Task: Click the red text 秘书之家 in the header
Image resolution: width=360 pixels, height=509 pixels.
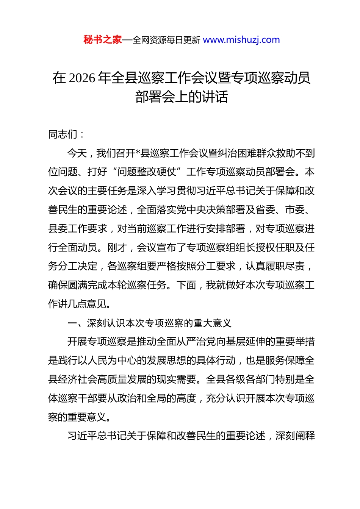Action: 103,40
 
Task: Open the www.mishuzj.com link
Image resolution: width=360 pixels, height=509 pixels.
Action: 241,40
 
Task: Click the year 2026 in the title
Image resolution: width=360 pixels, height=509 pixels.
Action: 82,78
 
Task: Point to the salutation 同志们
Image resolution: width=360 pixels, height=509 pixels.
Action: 63,134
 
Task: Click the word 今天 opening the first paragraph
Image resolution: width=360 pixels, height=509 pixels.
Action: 77,153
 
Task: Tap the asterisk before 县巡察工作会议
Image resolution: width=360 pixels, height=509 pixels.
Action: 138,153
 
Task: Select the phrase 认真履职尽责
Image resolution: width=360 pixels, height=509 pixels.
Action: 275,266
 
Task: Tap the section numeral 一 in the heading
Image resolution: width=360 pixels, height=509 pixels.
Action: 72,323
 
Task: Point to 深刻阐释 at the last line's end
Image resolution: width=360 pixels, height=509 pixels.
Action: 295,436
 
